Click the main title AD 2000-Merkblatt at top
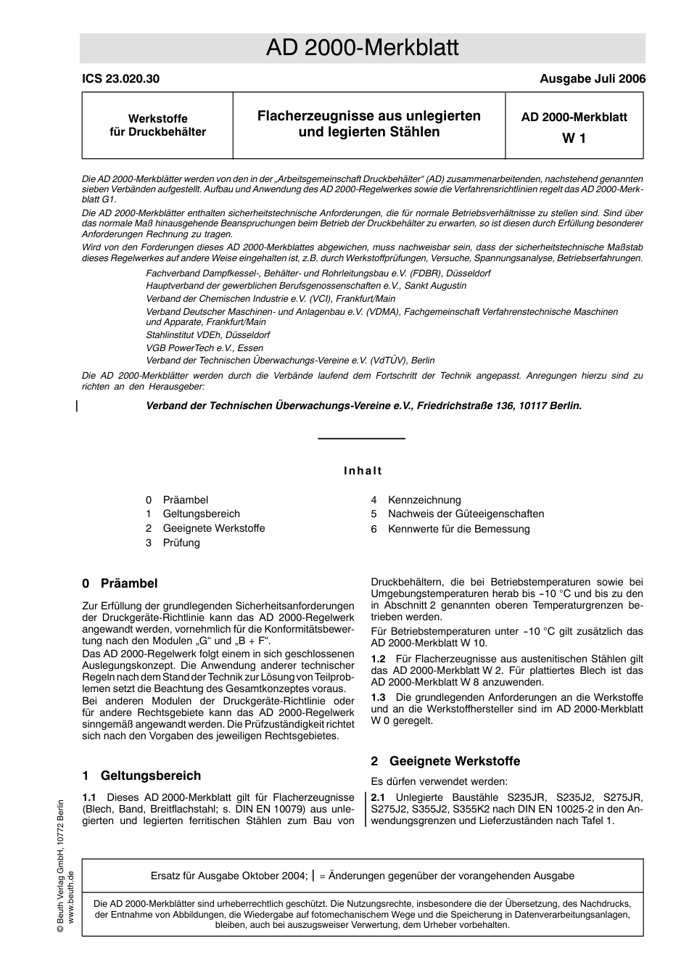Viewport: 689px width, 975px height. tap(362, 48)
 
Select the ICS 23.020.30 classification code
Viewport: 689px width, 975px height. tap(120, 79)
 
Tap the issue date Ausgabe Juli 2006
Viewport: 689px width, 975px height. tap(592, 79)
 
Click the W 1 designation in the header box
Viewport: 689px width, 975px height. tap(574, 138)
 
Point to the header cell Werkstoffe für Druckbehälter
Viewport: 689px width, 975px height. tap(157, 126)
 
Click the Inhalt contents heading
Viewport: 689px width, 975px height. tap(363, 471)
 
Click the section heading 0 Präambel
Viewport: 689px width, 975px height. tap(120, 584)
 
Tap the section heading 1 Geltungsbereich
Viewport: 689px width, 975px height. tap(141, 776)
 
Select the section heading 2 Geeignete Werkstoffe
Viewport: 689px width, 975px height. tap(445, 761)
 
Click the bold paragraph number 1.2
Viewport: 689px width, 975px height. tap(379, 659)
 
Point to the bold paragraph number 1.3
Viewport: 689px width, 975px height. tap(379, 697)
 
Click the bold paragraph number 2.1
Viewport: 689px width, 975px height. tap(379, 797)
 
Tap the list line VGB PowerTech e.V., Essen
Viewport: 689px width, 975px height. tap(205, 347)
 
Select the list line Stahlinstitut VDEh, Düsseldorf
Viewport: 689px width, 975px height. tap(207, 335)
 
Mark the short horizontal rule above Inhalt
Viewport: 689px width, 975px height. tap(362, 439)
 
